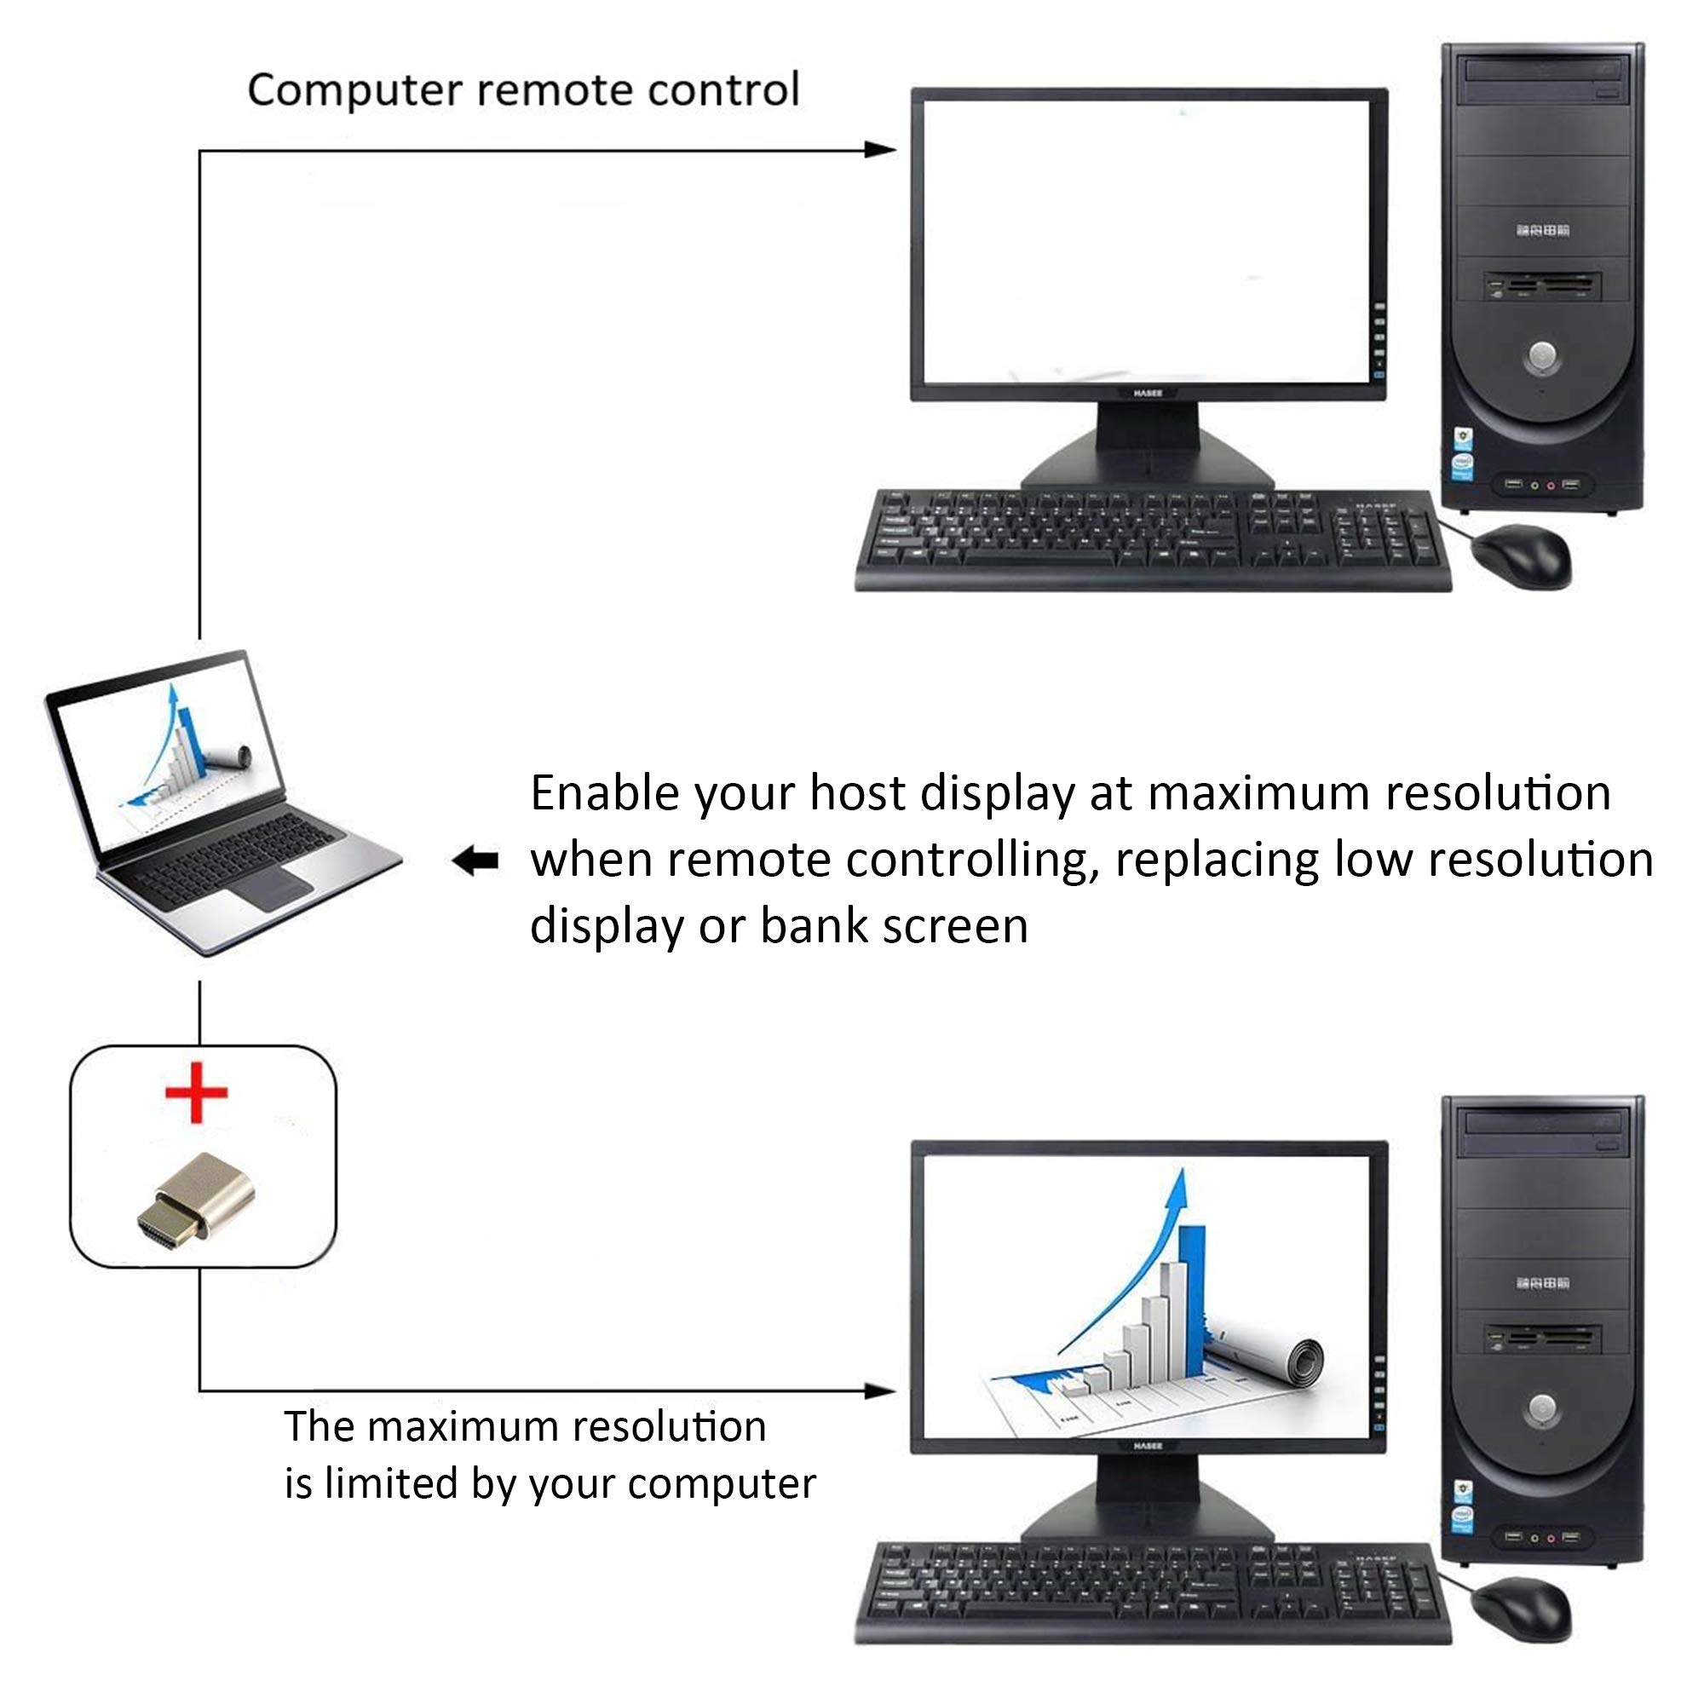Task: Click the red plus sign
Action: pos(196,1092)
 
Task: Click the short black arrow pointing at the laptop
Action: pos(475,860)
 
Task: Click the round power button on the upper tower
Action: pos(1542,356)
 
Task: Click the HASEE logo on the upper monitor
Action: pos(1148,394)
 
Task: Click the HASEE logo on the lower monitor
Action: pos(1148,1447)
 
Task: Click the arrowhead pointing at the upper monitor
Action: pos(880,150)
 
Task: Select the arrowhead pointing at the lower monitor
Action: pos(880,1391)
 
